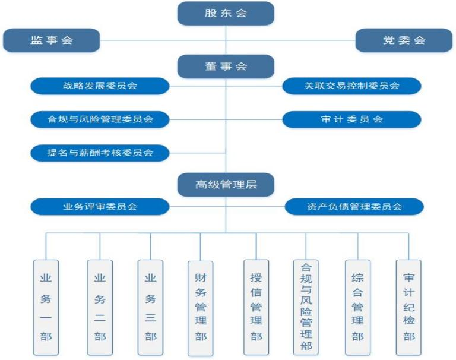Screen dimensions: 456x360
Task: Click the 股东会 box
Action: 226,14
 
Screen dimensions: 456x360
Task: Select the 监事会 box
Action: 52,40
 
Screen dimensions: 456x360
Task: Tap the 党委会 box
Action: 404,40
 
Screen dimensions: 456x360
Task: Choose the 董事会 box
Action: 226,67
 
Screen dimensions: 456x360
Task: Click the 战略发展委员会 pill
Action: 100,86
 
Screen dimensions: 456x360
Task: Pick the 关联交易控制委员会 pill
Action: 351,86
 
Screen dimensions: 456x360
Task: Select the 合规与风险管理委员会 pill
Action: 100,119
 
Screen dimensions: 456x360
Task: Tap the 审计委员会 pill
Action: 351,119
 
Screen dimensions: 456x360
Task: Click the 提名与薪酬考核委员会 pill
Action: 100,153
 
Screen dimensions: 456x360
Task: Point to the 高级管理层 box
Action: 226,185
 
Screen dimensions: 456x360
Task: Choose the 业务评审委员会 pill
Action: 100,207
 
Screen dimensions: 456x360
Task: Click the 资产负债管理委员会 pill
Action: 354,207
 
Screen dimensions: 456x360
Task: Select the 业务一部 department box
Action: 46,308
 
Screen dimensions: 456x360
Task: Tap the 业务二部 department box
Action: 100,308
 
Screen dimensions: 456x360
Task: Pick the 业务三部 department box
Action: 150,308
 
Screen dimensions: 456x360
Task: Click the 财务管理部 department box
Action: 200,308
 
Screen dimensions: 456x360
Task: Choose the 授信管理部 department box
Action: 256,308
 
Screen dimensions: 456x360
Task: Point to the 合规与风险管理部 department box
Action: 306,308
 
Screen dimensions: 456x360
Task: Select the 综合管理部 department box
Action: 357,308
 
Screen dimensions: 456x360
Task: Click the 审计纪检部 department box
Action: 408,308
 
